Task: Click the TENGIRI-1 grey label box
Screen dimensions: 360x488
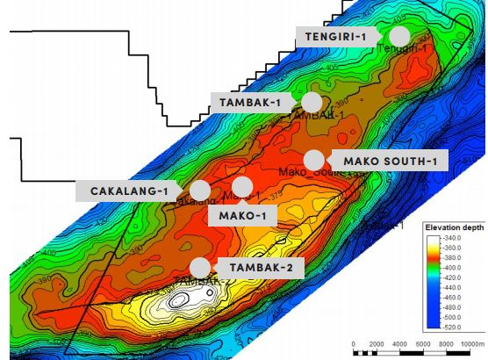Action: tap(337, 36)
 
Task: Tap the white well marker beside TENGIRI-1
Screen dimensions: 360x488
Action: tap(399, 36)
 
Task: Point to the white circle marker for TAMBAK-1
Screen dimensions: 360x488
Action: tap(311, 103)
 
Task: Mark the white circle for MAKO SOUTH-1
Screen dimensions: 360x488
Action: tap(313, 161)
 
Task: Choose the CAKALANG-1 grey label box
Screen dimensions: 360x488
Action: tap(129, 191)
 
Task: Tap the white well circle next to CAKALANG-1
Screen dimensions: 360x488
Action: tap(200, 191)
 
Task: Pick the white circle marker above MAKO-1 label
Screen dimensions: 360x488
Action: tap(242, 186)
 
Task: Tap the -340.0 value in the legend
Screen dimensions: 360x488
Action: tap(459, 238)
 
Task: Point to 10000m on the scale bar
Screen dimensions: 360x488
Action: tap(472, 344)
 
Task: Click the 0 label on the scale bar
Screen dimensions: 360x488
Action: tap(353, 344)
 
